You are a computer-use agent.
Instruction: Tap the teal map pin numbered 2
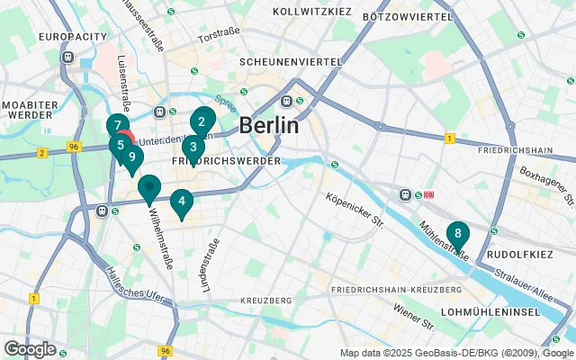(202, 122)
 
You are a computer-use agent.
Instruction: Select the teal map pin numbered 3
(193, 148)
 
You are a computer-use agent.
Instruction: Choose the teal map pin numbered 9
(131, 157)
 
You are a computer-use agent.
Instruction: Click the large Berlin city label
(269, 125)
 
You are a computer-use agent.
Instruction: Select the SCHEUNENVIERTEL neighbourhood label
(290, 62)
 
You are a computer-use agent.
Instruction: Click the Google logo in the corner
(30, 348)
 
